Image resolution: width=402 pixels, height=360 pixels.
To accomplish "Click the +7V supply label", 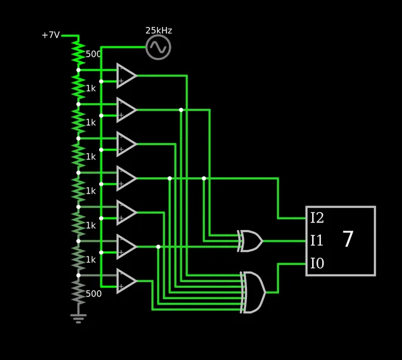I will [51, 35].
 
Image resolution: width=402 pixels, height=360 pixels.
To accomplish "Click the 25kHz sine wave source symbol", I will [158, 47].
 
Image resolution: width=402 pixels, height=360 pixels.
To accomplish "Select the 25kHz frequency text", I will [158, 30].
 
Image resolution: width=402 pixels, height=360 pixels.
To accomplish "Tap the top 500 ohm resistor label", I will [93, 54].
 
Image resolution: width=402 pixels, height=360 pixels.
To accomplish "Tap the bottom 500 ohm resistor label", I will [93, 293].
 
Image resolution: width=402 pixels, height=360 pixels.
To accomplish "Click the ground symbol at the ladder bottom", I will [78, 318].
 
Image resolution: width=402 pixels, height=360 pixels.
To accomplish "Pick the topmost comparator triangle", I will [126, 75].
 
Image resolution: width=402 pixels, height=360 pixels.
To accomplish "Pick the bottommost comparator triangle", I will [126, 281].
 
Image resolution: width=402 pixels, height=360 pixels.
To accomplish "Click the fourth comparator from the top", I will [126, 178].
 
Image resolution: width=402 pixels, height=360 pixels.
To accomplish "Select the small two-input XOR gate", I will [250, 241].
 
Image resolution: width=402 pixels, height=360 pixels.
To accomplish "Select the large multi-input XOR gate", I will [253, 292].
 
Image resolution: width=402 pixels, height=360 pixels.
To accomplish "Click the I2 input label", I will [317, 219].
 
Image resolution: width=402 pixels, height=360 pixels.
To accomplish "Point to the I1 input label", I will [317, 241].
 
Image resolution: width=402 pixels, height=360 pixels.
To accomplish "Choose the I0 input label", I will [317, 263].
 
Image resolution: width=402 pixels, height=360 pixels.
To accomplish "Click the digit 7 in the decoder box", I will [348, 239].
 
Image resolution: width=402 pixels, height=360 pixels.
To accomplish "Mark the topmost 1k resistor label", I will [91, 88].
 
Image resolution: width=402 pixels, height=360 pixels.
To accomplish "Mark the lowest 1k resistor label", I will [91, 259].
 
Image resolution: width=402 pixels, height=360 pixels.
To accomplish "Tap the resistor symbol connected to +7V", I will [78, 53].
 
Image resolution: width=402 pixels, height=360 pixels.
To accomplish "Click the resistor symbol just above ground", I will [78, 292].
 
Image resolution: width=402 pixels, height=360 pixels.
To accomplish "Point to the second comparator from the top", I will [126, 110].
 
